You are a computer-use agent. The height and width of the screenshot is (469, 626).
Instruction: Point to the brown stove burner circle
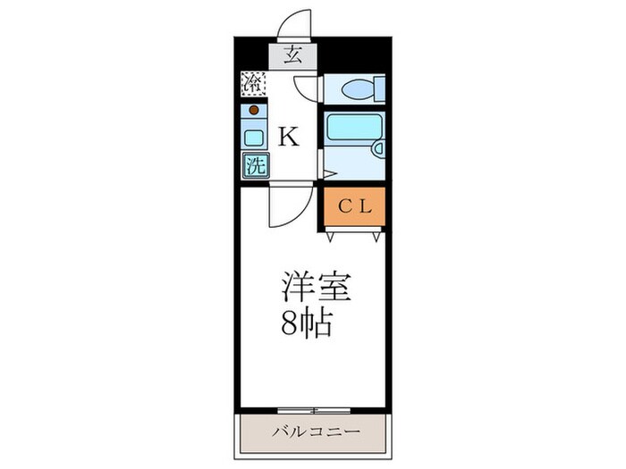click(x=254, y=111)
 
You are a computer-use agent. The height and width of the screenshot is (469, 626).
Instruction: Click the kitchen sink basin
click(x=254, y=138)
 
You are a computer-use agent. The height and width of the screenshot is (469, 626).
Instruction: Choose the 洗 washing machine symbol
click(x=254, y=165)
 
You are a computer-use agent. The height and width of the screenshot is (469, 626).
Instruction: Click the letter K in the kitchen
click(x=289, y=137)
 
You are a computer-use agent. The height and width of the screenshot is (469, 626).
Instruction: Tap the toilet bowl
click(x=359, y=89)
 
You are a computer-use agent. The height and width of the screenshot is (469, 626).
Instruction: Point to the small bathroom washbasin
click(x=378, y=149)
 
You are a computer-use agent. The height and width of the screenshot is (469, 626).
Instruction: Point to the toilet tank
click(x=379, y=88)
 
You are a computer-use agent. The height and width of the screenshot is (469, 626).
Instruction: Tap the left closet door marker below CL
click(x=332, y=236)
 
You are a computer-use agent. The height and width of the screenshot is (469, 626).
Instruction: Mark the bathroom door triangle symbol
click(x=329, y=173)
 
